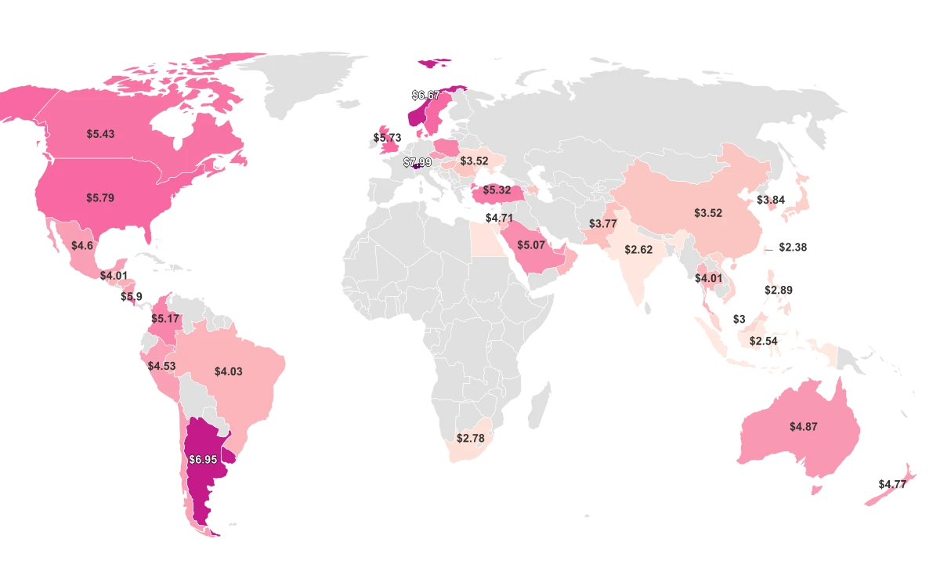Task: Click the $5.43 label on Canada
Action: pyautogui.click(x=100, y=134)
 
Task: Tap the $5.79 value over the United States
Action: pyautogui.click(x=100, y=198)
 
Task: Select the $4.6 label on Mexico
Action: pyautogui.click(x=82, y=246)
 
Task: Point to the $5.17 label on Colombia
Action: pyautogui.click(x=165, y=319)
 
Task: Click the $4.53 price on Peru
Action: pyautogui.click(x=161, y=367)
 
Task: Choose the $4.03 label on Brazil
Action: pyautogui.click(x=228, y=371)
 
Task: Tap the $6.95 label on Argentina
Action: pyautogui.click(x=203, y=460)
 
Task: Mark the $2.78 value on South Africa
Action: pyautogui.click(x=471, y=438)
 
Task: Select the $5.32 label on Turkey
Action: pyautogui.click(x=497, y=190)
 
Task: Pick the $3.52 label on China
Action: pyautogui.click(x=708, y=213)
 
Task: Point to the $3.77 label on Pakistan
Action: pyautogui.click(x=603, y=224)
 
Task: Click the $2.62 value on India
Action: pyautogui.click(x=638, y=250)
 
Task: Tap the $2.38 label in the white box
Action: pyautogui.click(x=793, y=248)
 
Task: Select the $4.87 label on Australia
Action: pyautogui.click(x=803, y=427)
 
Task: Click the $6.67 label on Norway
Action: pyautogui.click(x=425, y=95)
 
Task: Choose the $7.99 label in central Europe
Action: pyautogui.click(x=418, y=162)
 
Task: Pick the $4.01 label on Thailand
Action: pyautogui.click(x=708, y=278)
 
